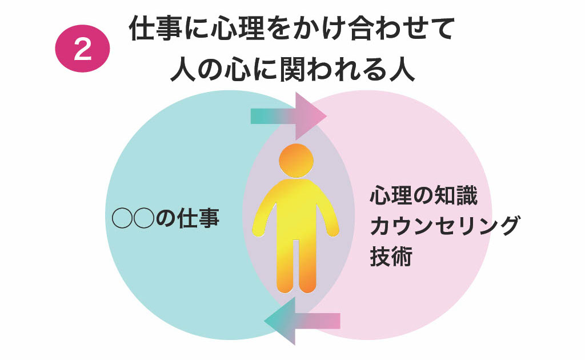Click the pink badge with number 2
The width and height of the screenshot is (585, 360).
[82, 49]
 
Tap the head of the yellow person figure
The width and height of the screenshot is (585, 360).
[296, 161]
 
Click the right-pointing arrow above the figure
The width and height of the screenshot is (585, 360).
[289, 116]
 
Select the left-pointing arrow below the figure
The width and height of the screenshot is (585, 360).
[302, 321]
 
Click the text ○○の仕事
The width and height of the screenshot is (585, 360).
[166, 218]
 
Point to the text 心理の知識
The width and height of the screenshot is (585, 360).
[423, 195]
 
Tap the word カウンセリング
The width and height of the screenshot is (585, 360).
[444, 226]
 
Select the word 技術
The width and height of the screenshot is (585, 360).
[391, 256]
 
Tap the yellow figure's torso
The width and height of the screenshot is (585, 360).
[296, 209]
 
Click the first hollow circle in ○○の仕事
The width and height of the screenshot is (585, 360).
[122, 218]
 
